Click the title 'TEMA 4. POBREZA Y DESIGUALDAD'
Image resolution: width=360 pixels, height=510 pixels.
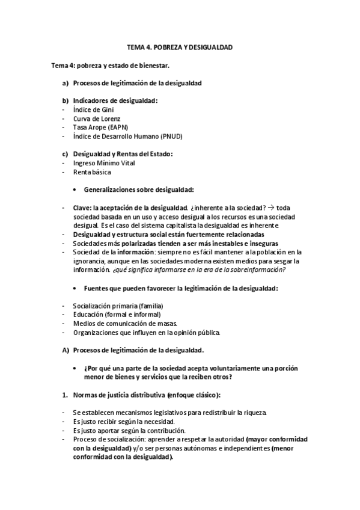point(180,47)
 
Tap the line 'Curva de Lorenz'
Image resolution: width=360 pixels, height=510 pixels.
point(96,118)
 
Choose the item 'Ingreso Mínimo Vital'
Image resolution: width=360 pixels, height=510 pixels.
point(104,163)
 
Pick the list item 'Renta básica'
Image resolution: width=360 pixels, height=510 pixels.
point(91,172)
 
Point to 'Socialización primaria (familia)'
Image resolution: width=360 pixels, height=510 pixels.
point(118,306)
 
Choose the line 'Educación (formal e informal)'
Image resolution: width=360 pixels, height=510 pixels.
point(117,315)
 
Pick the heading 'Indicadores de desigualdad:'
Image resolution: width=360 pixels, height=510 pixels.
point(115,100)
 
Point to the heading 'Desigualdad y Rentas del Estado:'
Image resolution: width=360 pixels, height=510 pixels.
point(123,154)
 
